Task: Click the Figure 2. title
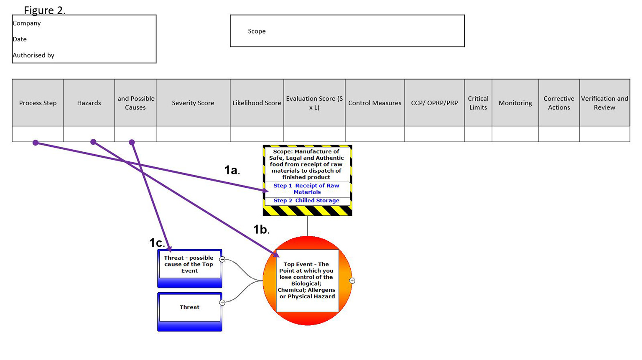(45, 10)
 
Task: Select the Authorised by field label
(33, 55)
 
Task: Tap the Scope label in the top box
(257, 31)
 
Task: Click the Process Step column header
(38, 103)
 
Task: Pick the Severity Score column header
(193, 103)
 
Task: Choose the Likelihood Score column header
(257, 103)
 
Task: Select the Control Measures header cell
(374, 103)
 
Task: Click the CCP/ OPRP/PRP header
(434, 103)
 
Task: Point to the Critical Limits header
(478, 103)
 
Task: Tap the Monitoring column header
(515, 103)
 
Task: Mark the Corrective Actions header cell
(559, 103)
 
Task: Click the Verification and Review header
(604, 103)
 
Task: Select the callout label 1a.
(232, 170)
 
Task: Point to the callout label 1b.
(261, 229)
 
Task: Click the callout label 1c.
(157, 243)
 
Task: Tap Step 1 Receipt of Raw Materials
(307, 189)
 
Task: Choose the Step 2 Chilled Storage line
(306, 201)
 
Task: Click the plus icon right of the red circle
(352, 281)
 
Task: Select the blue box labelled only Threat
(189, 307)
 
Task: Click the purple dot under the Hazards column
(93, 142)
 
